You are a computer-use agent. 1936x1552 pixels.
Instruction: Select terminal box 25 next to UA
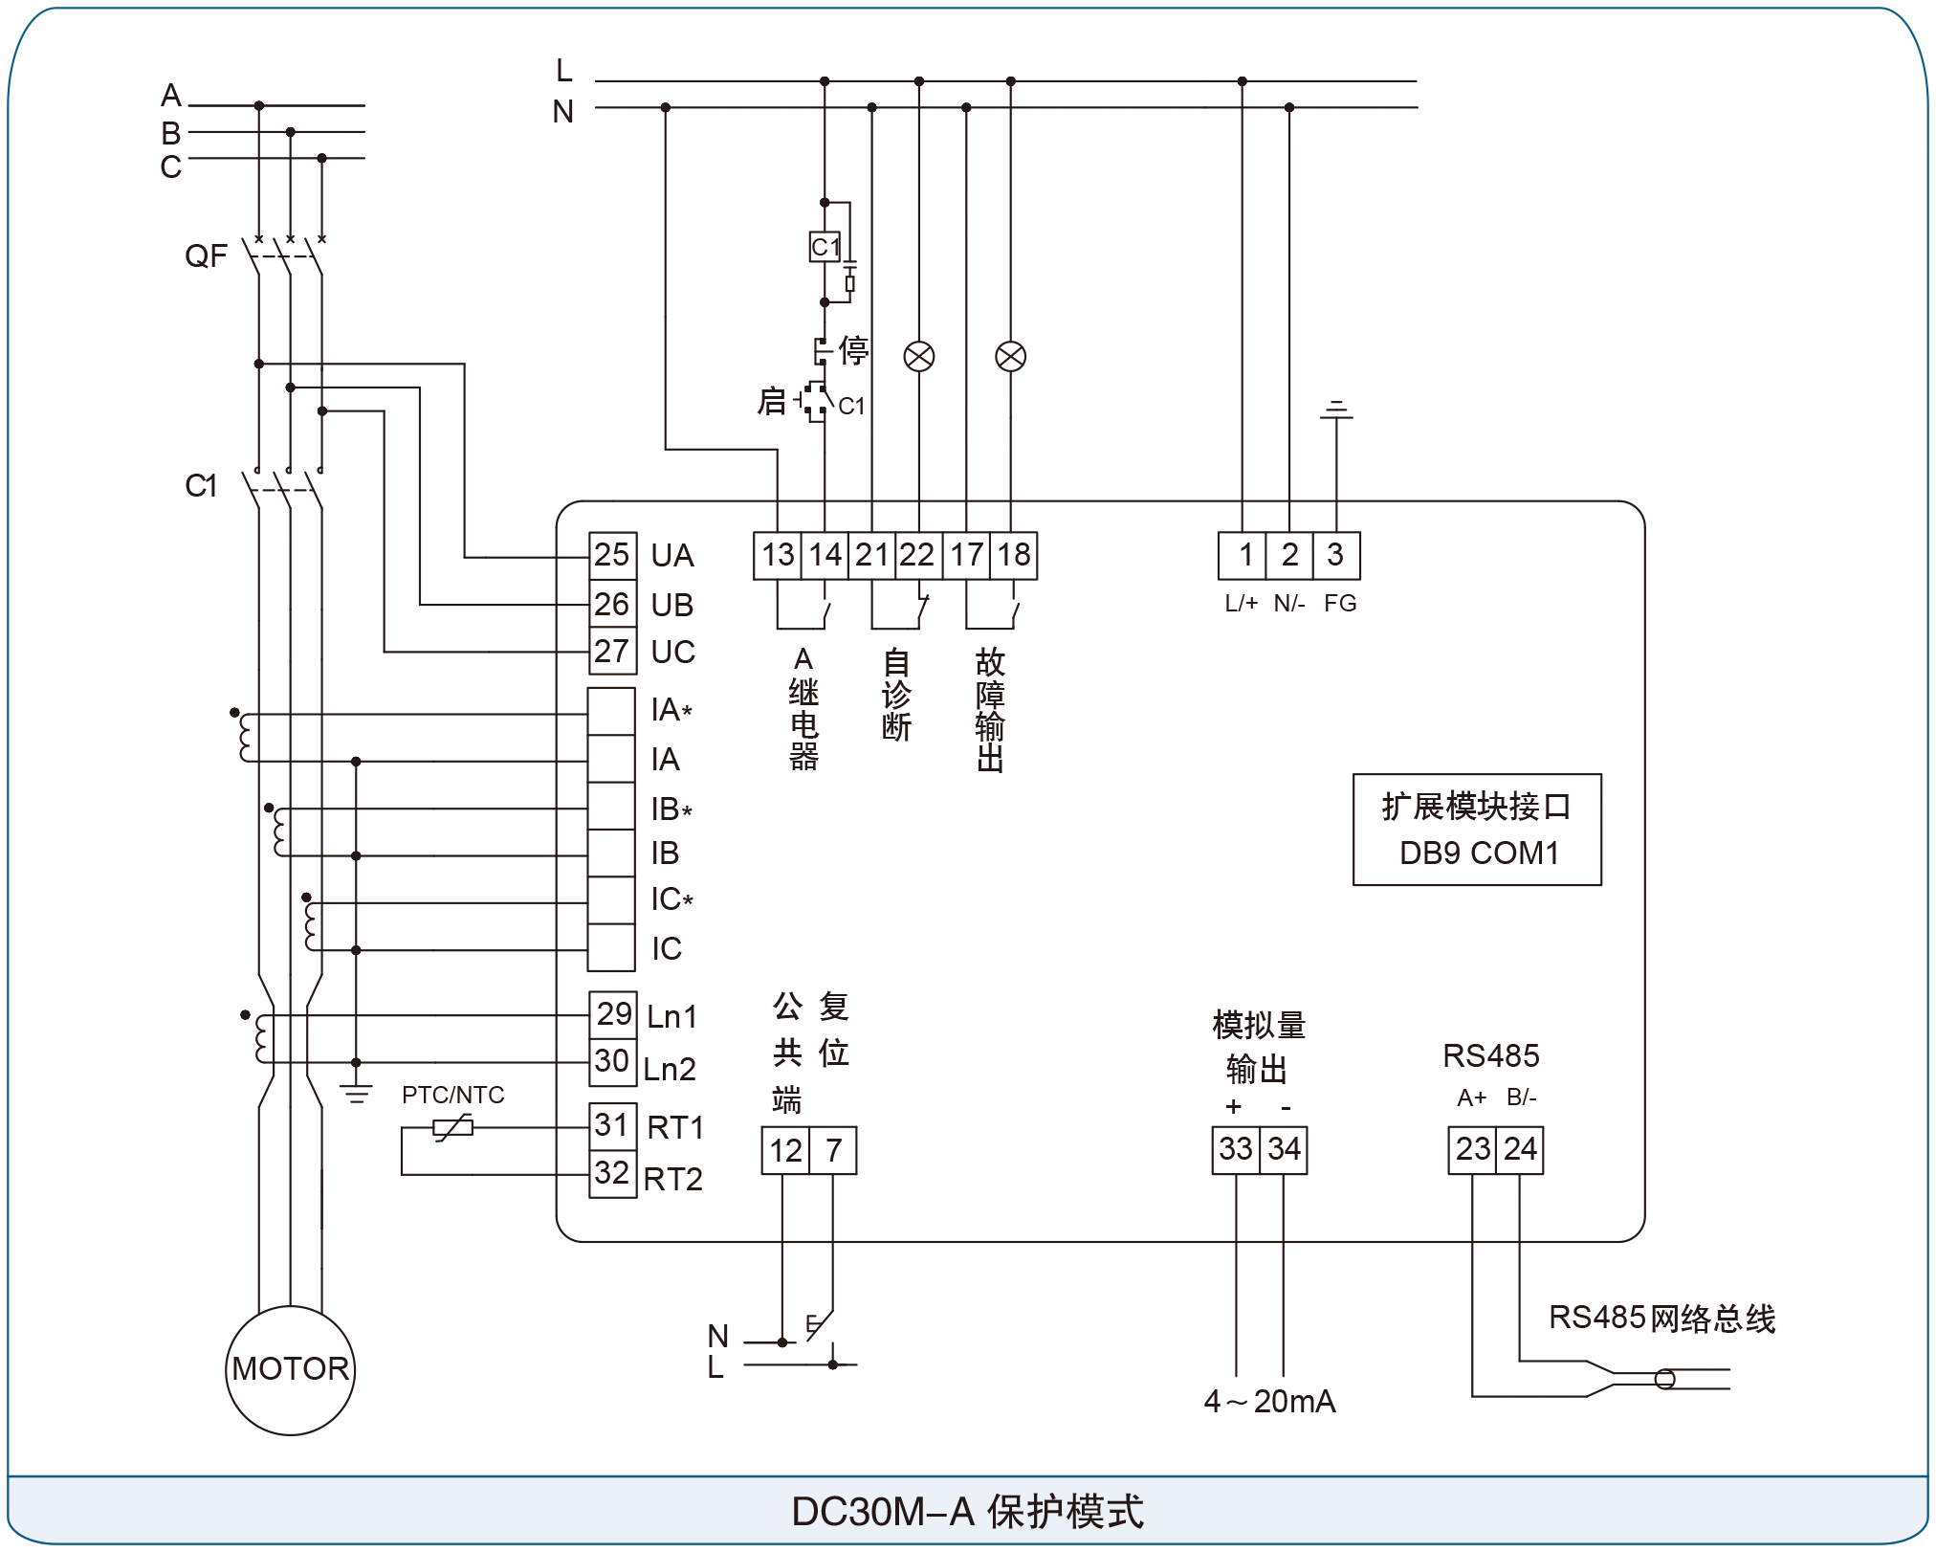tap(612, 556)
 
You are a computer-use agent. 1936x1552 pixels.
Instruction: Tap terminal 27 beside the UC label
tap(612, 652)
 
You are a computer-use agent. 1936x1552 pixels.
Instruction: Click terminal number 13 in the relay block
tap(778, 556)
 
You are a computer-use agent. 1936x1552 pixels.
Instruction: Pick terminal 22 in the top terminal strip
tap(918, 556)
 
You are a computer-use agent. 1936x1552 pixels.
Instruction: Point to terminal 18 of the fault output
tap(1014, 556)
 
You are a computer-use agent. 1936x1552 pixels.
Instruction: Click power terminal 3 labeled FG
tap(1336, 556)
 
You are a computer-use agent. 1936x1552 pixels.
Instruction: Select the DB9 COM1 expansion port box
tap(1477, 830)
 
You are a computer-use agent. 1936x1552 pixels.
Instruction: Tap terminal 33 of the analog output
tap(1236, 1150)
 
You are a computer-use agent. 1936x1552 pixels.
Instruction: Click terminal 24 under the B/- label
tap(1520, 1150)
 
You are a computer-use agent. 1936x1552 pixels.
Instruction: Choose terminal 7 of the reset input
tap(833, 1150)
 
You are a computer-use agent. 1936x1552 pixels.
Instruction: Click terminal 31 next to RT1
tap(612, 1126)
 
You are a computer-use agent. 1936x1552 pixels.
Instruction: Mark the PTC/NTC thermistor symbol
tap(453, 1128)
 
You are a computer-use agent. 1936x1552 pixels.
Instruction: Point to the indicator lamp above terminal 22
tap(919, 357)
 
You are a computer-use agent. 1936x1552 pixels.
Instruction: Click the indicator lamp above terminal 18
tap(1011, 357)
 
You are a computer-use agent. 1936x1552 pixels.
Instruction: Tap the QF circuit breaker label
tap(206, 256)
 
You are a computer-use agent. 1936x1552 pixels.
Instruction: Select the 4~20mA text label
tap(1269, 1402)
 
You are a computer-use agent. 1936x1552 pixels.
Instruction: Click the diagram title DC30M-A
tap(882, 1512)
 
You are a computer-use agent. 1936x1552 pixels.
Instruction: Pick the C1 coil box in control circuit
tap(825, 247)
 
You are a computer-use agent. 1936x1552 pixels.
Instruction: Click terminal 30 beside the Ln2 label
tap(612, 1062)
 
